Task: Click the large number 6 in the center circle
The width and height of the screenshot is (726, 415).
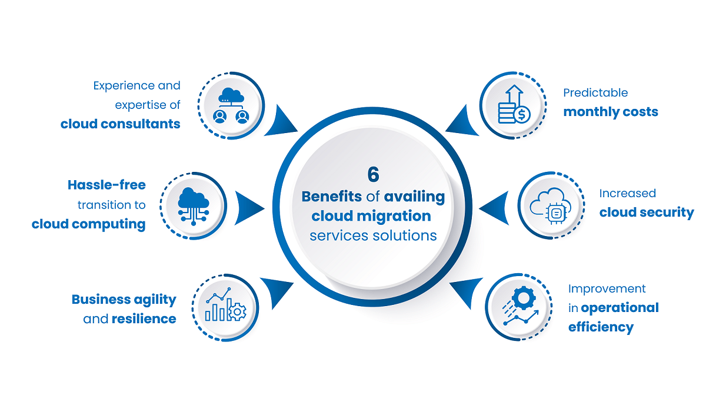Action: (x=373, y=175)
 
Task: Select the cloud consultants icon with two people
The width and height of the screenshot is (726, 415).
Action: (x=231, y=105)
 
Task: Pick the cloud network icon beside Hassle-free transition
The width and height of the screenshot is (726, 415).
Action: (x=194, y=205)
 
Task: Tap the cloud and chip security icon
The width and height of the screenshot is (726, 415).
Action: (x=550, y=205)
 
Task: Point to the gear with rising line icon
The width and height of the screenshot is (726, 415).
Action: (x=518, y=307)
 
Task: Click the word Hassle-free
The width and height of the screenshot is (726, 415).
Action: (x=106, y=185)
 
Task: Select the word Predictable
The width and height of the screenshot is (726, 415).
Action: (x=595, y=93)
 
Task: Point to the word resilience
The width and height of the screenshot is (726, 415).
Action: (x=144, y=319)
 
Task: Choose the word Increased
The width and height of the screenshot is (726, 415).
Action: (x=627, y=193)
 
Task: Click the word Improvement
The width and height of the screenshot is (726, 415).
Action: (x=607, y=288)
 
